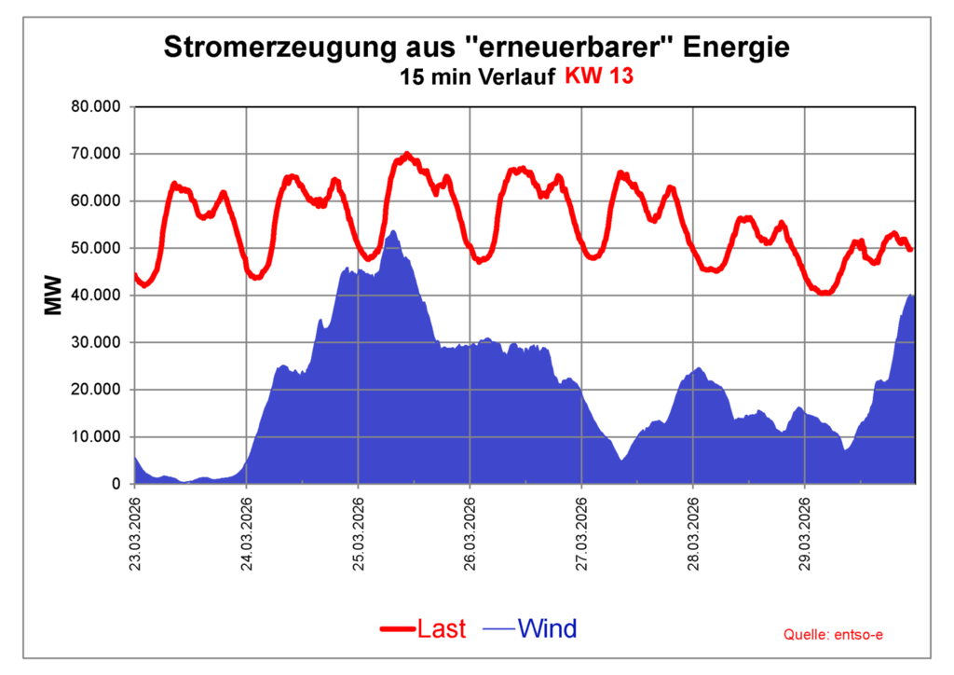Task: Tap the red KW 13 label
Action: click(x=599, y=77)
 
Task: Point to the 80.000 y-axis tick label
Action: click(x=97, y=106)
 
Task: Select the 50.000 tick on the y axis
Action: click(x=97, y=248)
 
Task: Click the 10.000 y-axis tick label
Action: click(x=97, y=436)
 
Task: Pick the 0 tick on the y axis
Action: click(x=116, y=484)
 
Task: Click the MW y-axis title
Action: click(x=52, y=295)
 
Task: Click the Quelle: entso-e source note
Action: click(x=834, y=635)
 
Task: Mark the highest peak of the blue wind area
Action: click(x=393, y=231)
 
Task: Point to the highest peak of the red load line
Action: click(x=406, y=154)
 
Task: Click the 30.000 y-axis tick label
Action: click(x=97, y=342)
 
